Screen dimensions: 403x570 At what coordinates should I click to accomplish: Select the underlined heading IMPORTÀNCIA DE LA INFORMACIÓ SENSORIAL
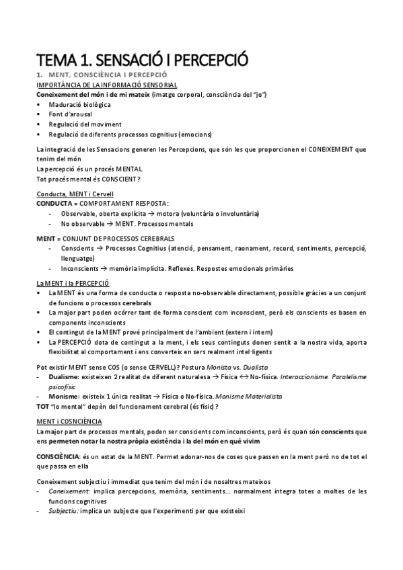tap(106, 86)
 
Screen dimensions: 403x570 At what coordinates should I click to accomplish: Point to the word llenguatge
tap(78, 259)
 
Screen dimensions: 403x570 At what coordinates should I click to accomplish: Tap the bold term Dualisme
tap(61, 378)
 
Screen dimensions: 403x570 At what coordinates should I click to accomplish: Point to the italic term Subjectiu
tap(63, 510)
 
